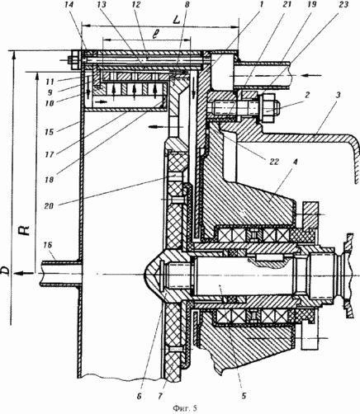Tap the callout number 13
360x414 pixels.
tap(105, 5)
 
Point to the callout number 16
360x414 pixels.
tap(48, 245)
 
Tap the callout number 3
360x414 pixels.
tap(338, 96)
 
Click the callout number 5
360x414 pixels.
tap(244, 396)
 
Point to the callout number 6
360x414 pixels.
tap(139, 396)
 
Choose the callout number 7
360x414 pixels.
tap(160, 396)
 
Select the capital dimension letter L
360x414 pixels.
tap(175, 20)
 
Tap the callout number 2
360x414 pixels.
tap(307, 95)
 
